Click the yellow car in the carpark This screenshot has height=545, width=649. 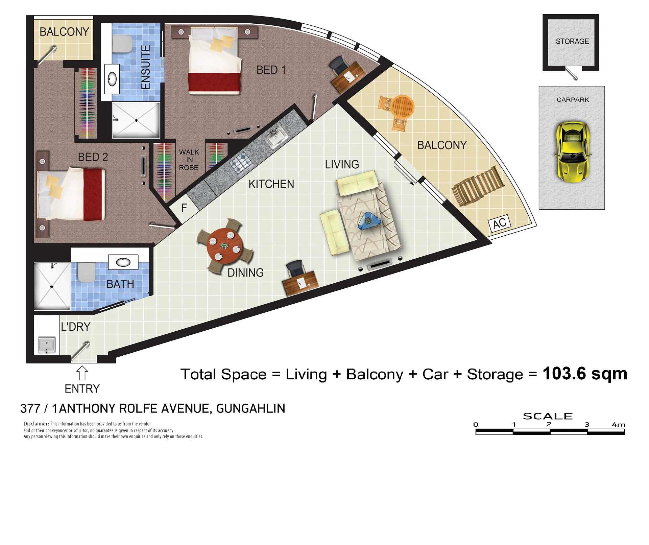pyautogui.click(x=572, y=152)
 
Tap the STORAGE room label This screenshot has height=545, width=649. pyautogui.click(x=572, y=41)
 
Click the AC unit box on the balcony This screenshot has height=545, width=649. pyautogui.click(x=499, y=223)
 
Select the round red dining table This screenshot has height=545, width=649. pyautogui.click(x=224, y=246)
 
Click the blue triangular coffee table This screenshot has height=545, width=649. pyautogui.click(x=369, y=220)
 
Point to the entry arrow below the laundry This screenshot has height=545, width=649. pyautogui.click(x=82, y=373)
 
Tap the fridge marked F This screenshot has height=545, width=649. pyautogui.click(x=184, y=208)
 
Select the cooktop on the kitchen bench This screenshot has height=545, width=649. pyautogui.click(x=240, y=163)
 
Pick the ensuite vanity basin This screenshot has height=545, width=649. pyautogui.click(x=112, y=79)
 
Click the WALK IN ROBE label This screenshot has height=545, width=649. pyautogui.click(x=189, y=160)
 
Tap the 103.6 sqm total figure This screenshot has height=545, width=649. pyautogui.click(x=585, y=374)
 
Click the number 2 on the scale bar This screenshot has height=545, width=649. pyautogui.click(x=549, y=424)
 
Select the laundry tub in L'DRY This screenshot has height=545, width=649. pyautogui.click(x=47, y=345)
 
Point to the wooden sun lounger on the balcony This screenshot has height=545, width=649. pyautogui.click(x=478, y=186)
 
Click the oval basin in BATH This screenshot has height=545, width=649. pyautogui.click(x=123, y=262)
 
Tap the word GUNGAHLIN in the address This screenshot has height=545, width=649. pyautogui.click(x=251, y=408)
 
